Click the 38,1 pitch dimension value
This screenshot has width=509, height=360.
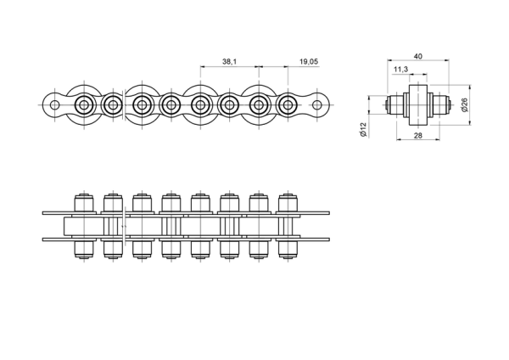tap(229, 61)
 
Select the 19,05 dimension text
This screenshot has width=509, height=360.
tap(309, 61)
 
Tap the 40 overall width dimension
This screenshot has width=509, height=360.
tap(417, 56)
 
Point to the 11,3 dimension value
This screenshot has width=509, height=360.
tap(400, 70)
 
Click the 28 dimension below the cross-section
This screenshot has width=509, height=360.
tap(417, 136)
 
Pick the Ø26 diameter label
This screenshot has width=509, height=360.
tap(465, 105)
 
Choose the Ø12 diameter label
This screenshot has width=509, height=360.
tap(363, 130)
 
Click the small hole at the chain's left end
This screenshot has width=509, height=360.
tap(55, 105)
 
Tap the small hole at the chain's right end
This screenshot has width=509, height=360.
tap(316, 105)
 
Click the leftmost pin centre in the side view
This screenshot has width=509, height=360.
tap(84, 105)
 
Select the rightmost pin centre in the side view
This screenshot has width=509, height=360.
tap(288, 105)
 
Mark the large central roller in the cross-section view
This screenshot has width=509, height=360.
tap(418, 105)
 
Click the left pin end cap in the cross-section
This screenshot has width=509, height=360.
tap(387, 105)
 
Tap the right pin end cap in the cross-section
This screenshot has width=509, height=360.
tap(450, 105)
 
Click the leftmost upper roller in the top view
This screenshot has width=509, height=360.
tap(84, 203)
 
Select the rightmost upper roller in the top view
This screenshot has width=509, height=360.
tap(288, 203)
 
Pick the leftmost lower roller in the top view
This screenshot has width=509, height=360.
tap(84, 250)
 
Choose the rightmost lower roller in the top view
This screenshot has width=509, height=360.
tap(288, 250)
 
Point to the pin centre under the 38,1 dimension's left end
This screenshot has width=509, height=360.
tap(200, 105)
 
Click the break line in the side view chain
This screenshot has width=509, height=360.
tap(125, 105)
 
